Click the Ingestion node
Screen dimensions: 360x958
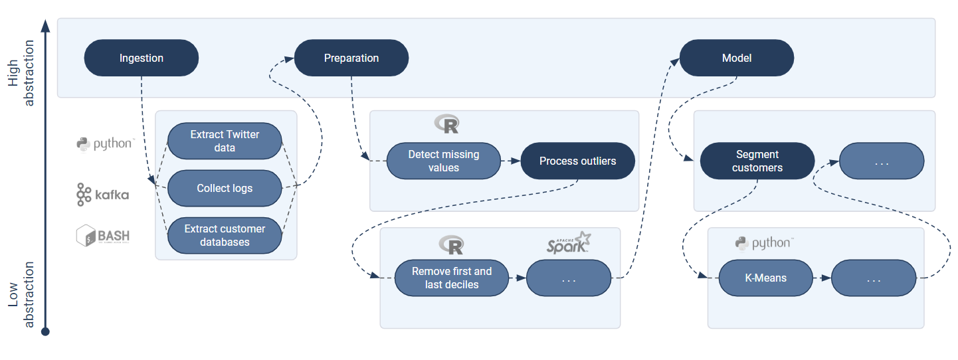(x=141, y=58)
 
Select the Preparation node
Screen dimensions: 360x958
(x=351, y=58)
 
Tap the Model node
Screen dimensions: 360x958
(x=736, y=58)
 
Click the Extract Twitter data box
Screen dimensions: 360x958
(x=225, y=141)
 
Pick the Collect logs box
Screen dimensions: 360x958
(x=225, y=188)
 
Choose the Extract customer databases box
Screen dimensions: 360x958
(x=225, y=235)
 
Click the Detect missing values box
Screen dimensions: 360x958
(x=443, y=161)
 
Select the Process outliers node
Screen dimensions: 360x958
(x=577, y=161)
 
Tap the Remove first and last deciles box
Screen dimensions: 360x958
(x=452, y=278)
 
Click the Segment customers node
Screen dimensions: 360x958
(x=757, y=161)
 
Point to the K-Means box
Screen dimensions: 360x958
(x=765, y=278)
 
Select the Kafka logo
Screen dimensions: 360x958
(x=102, y=195)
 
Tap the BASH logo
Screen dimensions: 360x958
(x=102, y=235)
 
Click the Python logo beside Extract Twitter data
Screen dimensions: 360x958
(x=106, y=143)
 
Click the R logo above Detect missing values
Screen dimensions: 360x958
(x=446, y=124)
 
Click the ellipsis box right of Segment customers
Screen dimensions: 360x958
(x=881, y=161)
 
